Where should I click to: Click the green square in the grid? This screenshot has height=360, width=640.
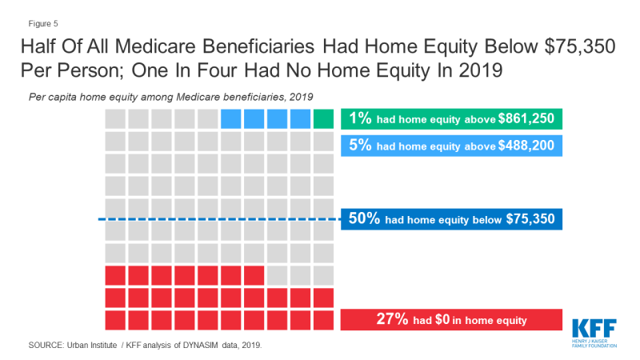point(323,118)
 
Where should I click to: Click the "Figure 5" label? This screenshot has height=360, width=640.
point(43,24)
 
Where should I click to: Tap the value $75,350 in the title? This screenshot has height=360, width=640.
point(579,46)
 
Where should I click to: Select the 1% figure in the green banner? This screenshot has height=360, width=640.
point(360,118)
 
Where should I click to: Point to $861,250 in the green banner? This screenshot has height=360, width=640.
point(526,118)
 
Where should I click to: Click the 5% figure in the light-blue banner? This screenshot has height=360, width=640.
point(360,145)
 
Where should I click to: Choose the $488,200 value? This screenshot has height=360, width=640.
point(526,146)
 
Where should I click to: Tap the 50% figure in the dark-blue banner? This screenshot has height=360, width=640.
point(364,218)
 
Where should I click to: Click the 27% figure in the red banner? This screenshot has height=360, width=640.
point(392,318)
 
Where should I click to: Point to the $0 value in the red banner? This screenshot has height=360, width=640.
point(442,319)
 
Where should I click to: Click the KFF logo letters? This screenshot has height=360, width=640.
point(594,329)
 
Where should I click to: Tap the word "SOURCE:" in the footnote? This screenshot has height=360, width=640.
point(46,346)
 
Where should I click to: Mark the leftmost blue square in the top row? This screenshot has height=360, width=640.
point(230,118)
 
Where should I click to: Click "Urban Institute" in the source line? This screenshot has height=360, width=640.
point(92,346)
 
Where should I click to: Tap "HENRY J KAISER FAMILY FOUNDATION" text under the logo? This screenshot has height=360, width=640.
point(594,343)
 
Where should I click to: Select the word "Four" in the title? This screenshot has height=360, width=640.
point(217,70)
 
